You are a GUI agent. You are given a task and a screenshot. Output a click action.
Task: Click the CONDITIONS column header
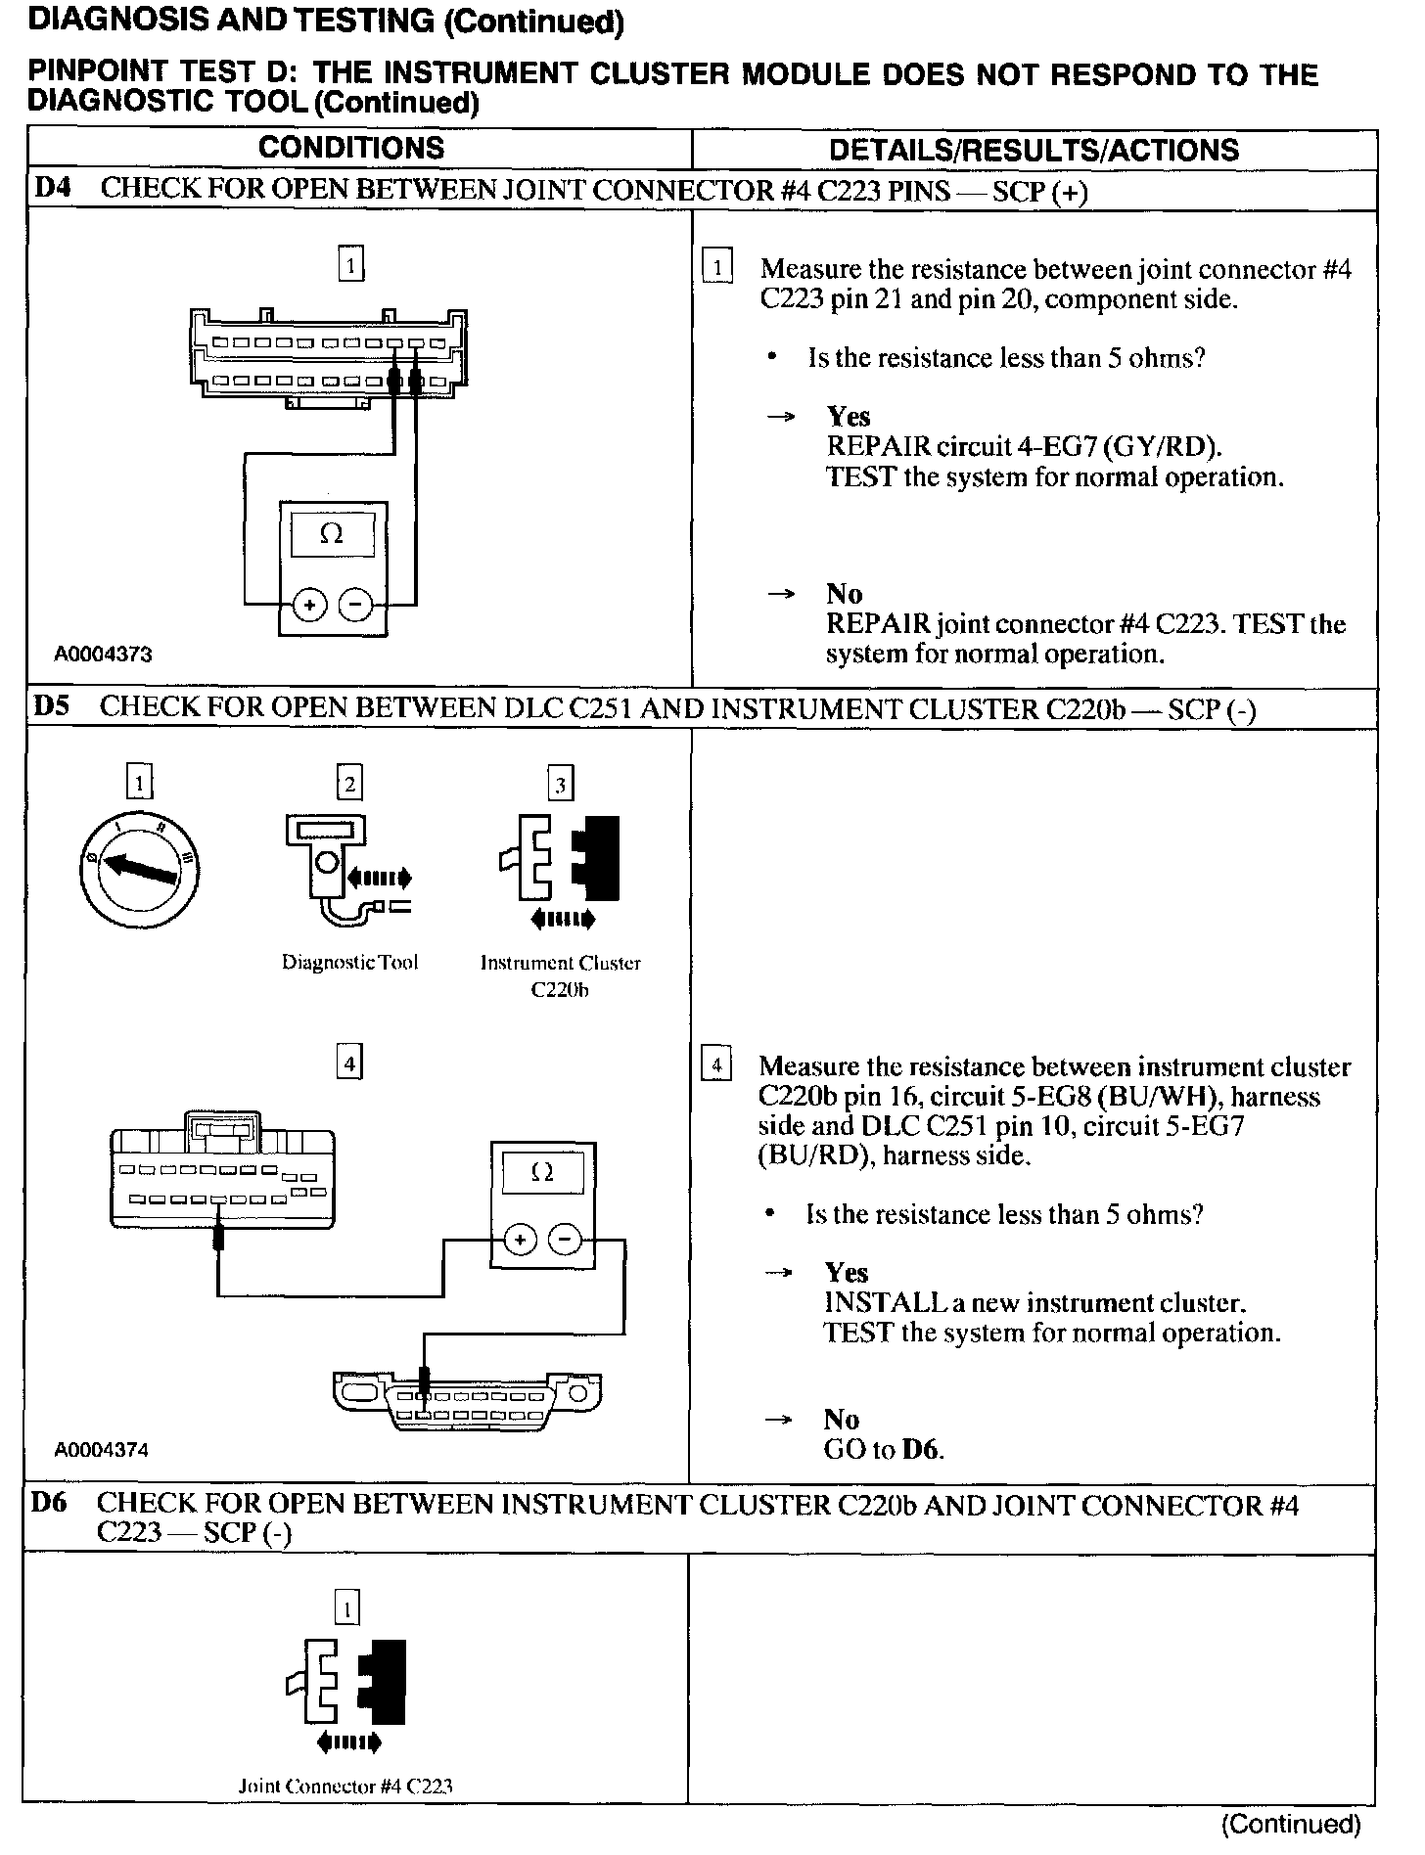pos(351,148)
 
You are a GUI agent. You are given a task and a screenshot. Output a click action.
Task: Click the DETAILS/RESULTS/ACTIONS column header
pos(1034,150)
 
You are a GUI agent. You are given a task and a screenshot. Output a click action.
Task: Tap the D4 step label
pos(53,188)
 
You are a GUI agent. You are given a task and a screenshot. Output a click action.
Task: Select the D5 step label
pos(52,706)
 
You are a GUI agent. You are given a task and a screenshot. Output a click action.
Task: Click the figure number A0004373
pos(103,655)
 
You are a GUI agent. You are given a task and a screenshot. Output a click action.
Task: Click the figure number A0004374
pos(101,1450)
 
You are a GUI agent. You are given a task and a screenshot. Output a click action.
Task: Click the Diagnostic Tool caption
pos(349,963)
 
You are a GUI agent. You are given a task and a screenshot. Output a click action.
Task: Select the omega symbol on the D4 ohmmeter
pos(333,535)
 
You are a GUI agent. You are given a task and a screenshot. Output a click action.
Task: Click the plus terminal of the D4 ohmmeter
pos(309,606)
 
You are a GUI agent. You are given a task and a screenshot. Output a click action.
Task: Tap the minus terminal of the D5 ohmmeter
pos(565,1241)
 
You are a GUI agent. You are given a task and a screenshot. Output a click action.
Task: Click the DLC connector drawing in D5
pos(467,1401)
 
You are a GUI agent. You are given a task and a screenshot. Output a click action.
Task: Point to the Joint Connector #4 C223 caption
pos(346,1786)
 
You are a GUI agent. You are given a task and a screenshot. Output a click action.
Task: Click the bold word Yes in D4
pos(848,417)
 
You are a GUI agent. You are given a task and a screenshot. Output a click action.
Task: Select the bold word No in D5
pos(841,1419)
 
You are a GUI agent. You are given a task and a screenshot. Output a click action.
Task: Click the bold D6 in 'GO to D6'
pos(921,1449)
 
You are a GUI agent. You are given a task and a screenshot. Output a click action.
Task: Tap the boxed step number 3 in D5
pos(560,784)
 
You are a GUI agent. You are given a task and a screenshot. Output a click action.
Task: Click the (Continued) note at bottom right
pos(1291,1824)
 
